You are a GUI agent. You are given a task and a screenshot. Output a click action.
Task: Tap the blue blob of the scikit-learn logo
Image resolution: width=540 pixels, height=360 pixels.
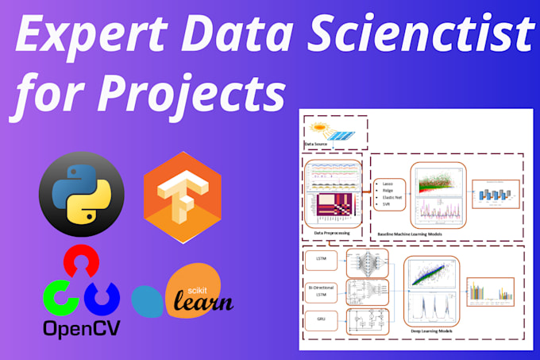[148, 300]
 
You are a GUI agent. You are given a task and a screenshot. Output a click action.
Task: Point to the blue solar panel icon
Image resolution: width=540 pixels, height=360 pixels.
[344, 136]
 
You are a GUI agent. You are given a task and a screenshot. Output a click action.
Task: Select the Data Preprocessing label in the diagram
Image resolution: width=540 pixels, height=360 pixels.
[333, 232]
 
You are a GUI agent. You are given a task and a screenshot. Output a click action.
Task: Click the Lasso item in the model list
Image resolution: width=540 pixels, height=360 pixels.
[388, 184]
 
